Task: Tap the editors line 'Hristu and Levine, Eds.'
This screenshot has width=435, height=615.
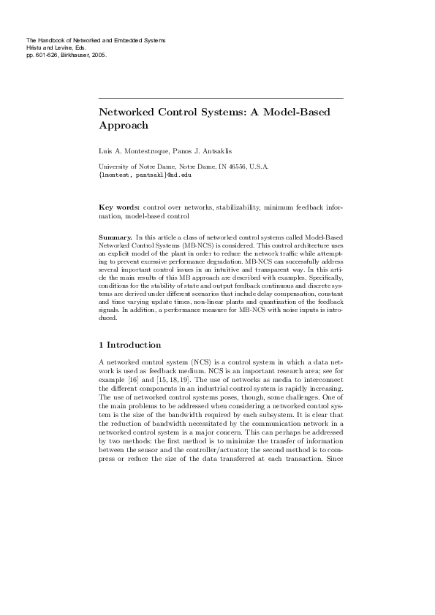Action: pos(56,47)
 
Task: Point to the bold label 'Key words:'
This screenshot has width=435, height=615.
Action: pos(119,208)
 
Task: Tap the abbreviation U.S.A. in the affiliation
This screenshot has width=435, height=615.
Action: pos(258,167)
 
